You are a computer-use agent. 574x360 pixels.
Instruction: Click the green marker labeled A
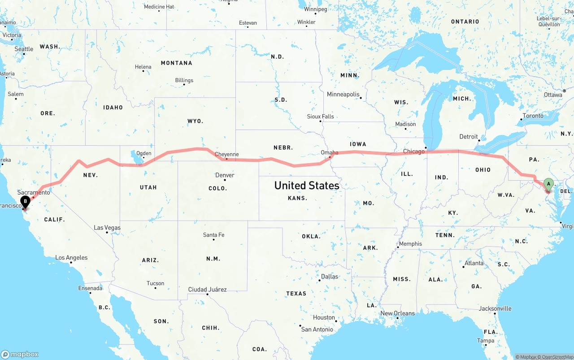click(548, 184)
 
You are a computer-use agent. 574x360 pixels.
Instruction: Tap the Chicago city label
click(413, 152)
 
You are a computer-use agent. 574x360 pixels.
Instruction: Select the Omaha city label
click(330, 152)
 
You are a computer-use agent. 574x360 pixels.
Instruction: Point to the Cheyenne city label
click(226, 154)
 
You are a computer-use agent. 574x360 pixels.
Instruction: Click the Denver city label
click(225, 175)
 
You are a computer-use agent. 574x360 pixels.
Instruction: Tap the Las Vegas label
click(107, 228)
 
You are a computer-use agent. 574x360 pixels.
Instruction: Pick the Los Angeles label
click(71, 258)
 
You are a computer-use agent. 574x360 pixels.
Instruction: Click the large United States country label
click(307, 185)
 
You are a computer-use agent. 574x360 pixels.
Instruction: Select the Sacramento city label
click(34, 192)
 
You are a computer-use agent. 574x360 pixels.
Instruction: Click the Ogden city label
click(143, 153)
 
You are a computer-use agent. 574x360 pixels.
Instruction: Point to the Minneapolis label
click(343, 95)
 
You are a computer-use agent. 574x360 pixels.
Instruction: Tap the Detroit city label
click(469, 137)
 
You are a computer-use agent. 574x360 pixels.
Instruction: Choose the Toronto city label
click(533, 116)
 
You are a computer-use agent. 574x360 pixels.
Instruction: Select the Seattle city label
click(24, 49)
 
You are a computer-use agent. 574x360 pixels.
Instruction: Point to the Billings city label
click(184, 80)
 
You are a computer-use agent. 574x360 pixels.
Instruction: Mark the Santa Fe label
click(213, 235)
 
